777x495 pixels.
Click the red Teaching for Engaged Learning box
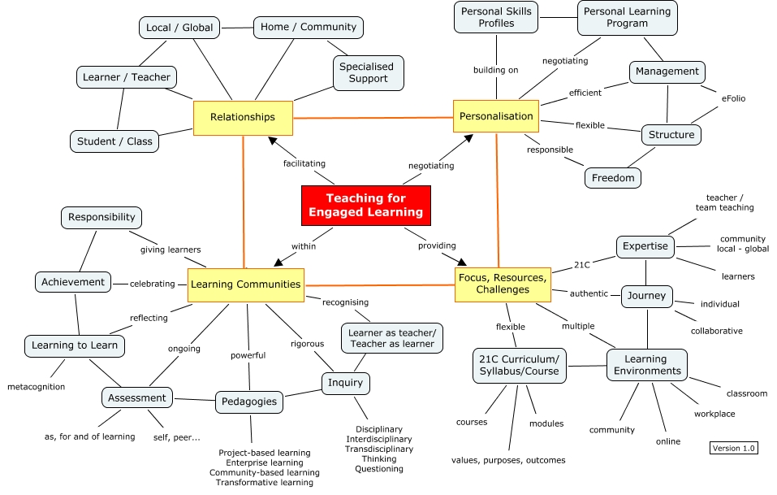click(x=365, y=205)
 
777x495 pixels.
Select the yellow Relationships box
click(x=242, y=117)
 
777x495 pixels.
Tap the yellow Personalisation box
click(x=496, y=116)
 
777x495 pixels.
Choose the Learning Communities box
click(x=245, y=284)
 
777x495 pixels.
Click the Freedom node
click(x=613, y=177)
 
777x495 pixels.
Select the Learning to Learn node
click(x=75, y=345)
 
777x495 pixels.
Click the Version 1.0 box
click(x=733, y=448)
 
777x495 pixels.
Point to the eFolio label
click(x=733, y=98)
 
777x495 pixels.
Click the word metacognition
click(x=36, y=386)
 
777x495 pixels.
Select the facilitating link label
click(x=304, y=163)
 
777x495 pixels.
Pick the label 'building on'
click(x=495, y=70)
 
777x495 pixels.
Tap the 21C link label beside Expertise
click(x=581, y=264)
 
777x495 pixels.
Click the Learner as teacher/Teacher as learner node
click(x=392, y=338)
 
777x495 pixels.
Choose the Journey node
click(x=646, y=296)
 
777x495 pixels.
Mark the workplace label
click(x=714, y=414)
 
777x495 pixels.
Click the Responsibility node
click(x=101, y=218)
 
